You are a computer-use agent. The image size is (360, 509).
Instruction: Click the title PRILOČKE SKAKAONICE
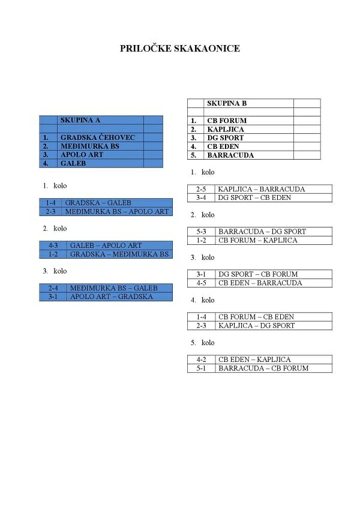coord(180,49)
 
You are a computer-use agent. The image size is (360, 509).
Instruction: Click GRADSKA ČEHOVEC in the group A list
coord(98,137)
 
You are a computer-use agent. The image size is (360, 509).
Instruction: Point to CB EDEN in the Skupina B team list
coord(223,146)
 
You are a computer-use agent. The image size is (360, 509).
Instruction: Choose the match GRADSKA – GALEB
coord(98,203)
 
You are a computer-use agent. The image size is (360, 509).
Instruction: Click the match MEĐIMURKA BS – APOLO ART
coord(117,212)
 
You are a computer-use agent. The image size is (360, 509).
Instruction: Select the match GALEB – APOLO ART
coord(106,245)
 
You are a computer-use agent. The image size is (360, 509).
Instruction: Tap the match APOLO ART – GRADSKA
coord(112,297)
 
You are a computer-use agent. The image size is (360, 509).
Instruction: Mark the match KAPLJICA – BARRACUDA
coord(262,189)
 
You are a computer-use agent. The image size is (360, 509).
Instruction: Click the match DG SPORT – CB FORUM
coord(258,274)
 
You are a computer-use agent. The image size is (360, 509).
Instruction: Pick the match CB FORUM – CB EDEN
coord(256,317)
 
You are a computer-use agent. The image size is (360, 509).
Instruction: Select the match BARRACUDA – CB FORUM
coord(263,368)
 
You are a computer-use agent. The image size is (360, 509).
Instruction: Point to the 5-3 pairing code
coord(201,232)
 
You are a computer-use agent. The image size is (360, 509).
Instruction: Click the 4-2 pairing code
coord(201,360)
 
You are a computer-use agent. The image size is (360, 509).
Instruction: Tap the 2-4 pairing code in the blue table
coord(53,288)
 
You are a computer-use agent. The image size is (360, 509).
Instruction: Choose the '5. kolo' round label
coord(203,343)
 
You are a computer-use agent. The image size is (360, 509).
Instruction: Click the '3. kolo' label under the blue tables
coord(55,271)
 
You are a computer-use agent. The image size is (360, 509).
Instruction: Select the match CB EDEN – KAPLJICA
coord(254,360)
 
